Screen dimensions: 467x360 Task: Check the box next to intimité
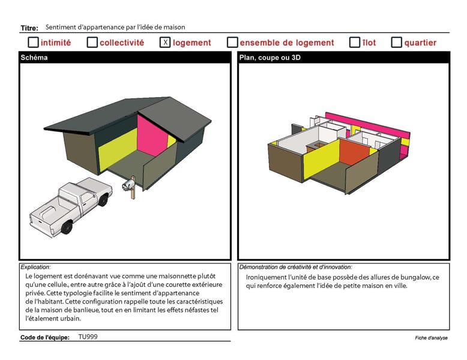[33, 42]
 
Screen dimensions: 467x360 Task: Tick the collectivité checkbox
[92, 42]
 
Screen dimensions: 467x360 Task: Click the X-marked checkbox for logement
[165, 42]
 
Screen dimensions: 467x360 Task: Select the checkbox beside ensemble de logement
[232, 42]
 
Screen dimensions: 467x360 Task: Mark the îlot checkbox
[354, 42]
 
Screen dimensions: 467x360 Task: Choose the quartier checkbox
[396, 42]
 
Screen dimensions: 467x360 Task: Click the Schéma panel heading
[34, 58]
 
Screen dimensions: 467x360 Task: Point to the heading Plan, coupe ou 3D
[270, 58]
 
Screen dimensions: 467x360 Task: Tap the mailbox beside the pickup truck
[130, 186]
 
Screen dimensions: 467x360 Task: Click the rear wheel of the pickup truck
[67, 227]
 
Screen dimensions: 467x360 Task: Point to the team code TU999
[88, 337]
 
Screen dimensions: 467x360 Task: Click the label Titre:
[29, 28]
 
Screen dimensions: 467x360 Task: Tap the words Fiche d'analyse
[431, 338]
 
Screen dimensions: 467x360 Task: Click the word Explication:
[35, 267]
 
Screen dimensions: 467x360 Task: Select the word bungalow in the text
[415, 278]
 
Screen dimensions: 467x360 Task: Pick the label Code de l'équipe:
[44, 337]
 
